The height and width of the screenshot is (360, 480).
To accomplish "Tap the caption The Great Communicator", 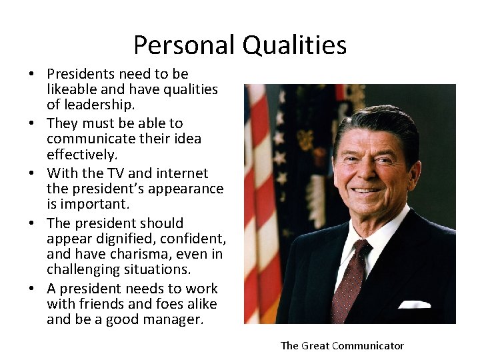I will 342,345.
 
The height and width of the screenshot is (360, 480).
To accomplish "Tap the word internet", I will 181,173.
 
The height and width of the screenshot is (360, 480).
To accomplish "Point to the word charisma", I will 137,254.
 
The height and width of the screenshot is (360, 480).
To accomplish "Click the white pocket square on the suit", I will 414,304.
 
